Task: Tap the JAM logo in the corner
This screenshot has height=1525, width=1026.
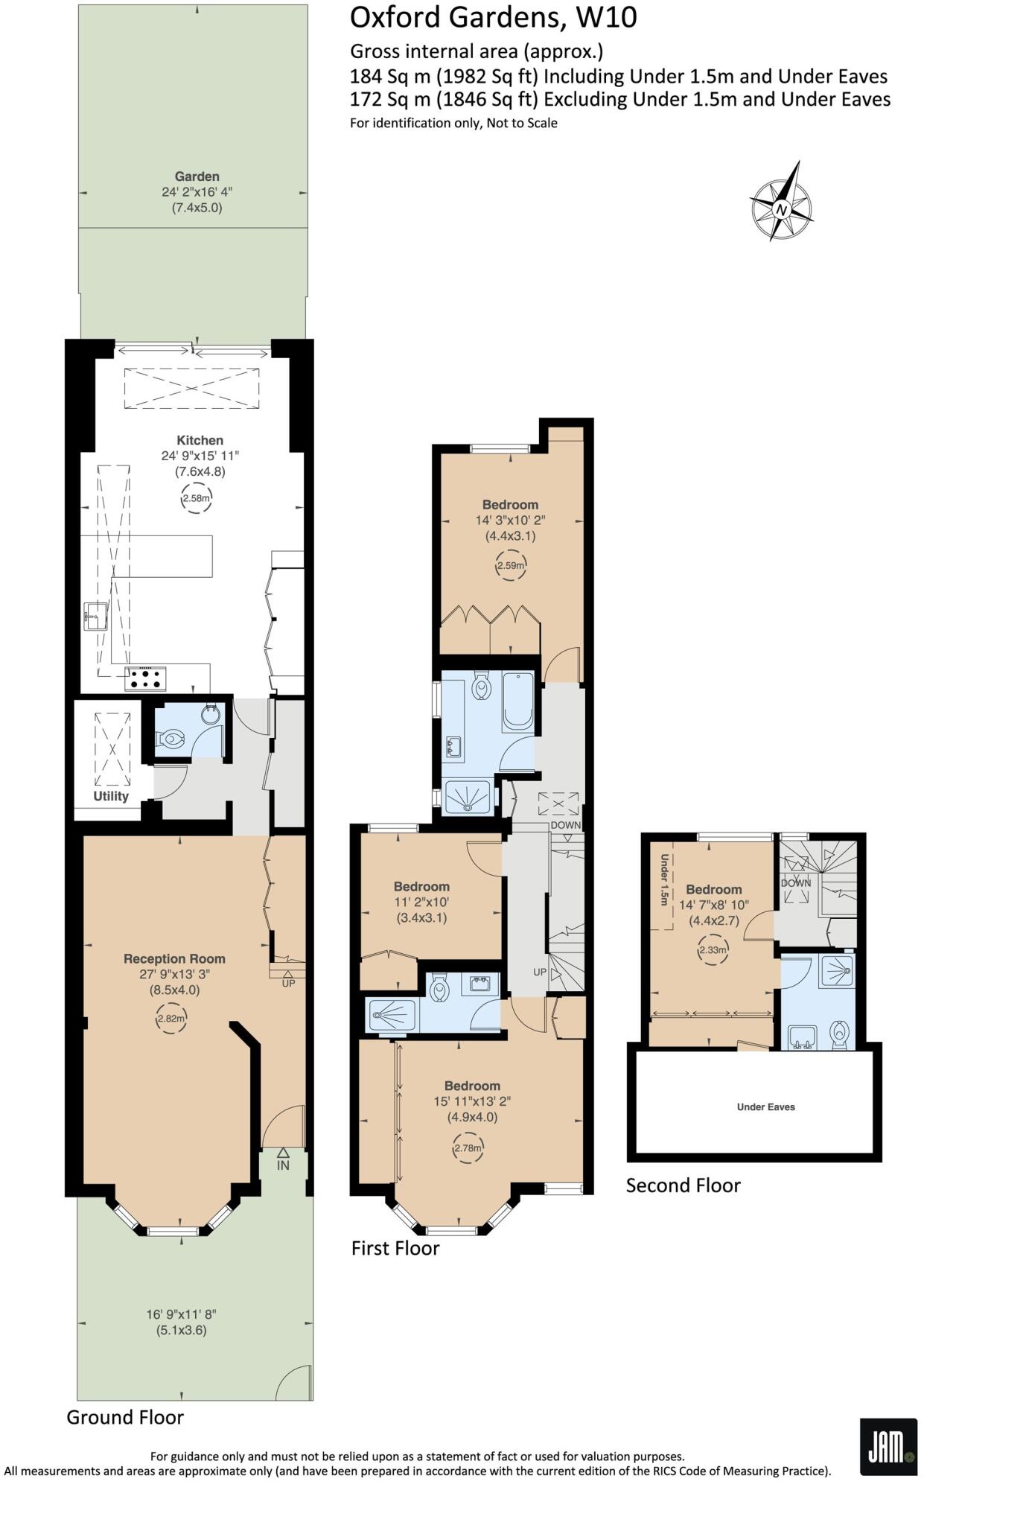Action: [x=888, y=1446]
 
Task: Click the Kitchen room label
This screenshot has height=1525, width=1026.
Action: [x=200, y=440]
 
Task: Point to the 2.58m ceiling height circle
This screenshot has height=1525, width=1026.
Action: [x=197, y=498]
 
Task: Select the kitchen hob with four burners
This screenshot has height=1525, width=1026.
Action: [x=145, y=678]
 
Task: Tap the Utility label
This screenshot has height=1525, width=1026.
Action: [x=111, y=796]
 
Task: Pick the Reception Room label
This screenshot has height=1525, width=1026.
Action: [x=174, y=958]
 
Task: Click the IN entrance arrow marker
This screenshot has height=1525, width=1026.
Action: [x=283, y=1159]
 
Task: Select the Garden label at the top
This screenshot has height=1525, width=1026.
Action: [x=197, y=176]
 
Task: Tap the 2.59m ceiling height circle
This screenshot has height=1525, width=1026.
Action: [x=511, y=565]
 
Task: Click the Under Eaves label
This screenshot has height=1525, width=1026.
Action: [x=765, y=1107]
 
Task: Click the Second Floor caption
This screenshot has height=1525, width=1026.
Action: [x=683, y=1185]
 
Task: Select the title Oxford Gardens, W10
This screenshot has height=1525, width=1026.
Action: [x=493, y=17]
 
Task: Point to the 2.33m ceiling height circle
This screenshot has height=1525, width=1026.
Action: [x=713, y=949]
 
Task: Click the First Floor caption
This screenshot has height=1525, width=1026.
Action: [x=395, y=1248]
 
